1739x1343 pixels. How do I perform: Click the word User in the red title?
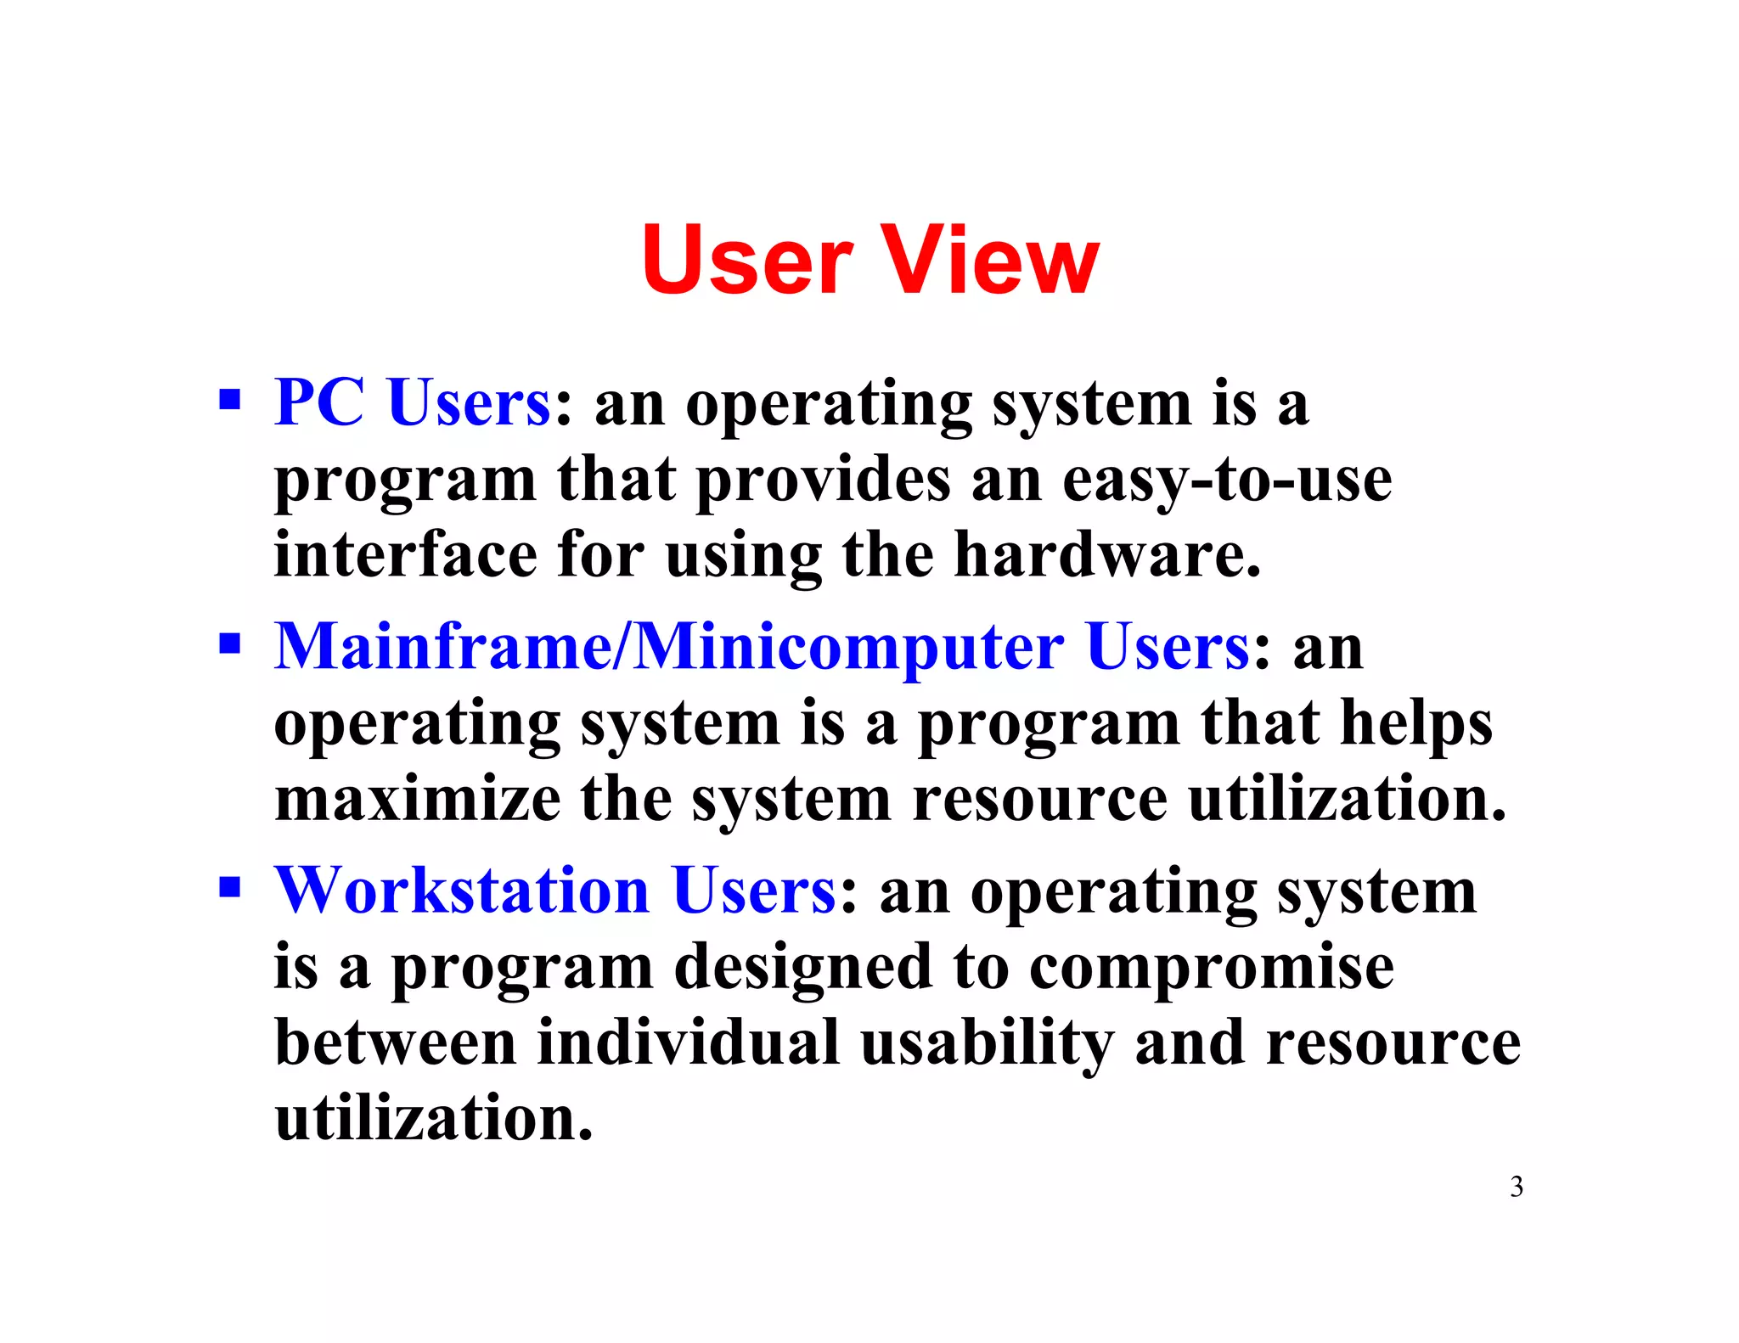(747, 260)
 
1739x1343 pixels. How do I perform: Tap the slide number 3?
(1516, 1187)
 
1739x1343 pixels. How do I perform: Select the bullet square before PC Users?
(229, 399)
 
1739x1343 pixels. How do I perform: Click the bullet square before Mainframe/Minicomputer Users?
(229, 643)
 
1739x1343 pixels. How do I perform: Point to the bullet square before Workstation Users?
(229, 888)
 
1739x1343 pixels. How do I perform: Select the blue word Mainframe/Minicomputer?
(669, 647)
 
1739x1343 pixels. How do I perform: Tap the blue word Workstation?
(462, 891)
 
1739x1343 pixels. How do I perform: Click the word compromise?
(1212, 968)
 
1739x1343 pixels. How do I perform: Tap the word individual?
(688, 1042)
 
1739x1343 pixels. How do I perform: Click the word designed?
(802, 968)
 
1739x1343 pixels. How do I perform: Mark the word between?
(396, 1042)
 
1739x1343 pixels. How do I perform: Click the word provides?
(823, 480)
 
